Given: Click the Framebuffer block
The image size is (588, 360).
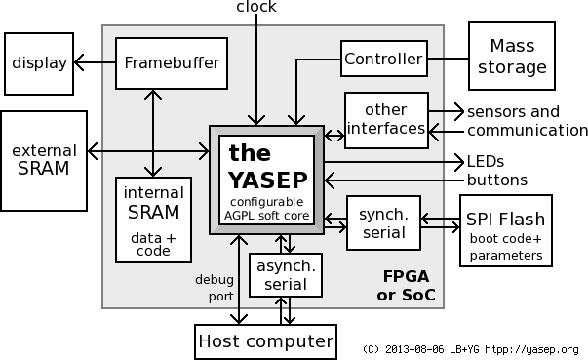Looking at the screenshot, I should pyautogui.click(x=172, y=63).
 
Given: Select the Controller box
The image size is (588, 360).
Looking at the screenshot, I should pyautogui.click(x=384, y=60).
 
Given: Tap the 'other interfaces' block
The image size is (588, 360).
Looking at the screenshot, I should pyautogui.click(x=384, y=119).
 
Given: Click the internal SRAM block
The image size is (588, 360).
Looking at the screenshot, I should pyautogui.click(x=153, y=220).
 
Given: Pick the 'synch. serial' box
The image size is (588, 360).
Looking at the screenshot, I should pyautogui.click(x=382, y=221).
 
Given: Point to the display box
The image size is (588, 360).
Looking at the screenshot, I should pyautogui.click(x=39, y=63).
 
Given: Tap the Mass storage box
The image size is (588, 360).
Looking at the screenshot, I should pyautogui.click(x=511, y=57).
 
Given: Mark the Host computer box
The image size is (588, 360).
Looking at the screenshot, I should pyautogui.click(x=266, y=341).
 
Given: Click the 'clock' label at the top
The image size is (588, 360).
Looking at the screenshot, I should pyautogui.click(x=255, y=7).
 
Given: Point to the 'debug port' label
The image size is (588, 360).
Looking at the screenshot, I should pyautogui.click(x=214, y=287).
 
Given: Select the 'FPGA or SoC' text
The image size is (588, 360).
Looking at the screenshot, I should pyautogui.click(x=405, y=285).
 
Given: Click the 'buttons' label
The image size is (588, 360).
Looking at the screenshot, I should pyautogui.click(x=497, y=180).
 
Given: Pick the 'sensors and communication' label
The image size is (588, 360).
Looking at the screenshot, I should pyautogui.click(x=527, y=120).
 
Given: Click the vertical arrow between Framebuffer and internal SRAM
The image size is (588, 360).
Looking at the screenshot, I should pyautogui.click(x=153, y=132).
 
